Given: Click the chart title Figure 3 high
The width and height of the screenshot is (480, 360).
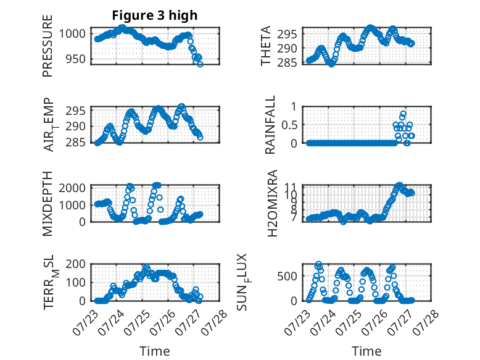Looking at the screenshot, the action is pos(155,15).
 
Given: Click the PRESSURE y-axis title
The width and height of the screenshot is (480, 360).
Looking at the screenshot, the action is pos(48,46).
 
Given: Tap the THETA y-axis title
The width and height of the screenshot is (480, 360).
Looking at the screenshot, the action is pos(266,46).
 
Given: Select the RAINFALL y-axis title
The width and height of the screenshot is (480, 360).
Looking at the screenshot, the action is pos(270,125).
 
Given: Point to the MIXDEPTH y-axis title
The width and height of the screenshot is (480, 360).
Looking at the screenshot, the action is pos(48,203).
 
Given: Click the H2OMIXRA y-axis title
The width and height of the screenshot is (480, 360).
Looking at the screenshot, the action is pos(272,203).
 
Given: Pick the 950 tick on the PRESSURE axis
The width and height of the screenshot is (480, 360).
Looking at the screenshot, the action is pos(76,59).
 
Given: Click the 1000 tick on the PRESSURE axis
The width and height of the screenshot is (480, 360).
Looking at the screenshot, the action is pos(72,33).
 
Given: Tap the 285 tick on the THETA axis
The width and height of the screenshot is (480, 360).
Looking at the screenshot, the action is pos(287,62).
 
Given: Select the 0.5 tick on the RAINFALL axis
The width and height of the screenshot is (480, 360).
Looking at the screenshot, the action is pos(289,125).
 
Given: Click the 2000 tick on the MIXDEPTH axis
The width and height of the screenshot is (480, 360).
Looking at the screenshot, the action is pos(72,188).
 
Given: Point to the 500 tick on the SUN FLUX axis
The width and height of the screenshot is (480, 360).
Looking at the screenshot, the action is pos(287,276).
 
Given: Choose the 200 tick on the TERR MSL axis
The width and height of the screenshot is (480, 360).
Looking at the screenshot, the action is pos(76,264).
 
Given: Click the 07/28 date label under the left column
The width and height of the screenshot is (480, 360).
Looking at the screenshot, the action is pos(215,322).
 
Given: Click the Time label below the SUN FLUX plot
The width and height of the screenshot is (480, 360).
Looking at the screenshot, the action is pos(366,351).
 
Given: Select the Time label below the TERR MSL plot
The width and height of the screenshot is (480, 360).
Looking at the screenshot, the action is pos(155,351).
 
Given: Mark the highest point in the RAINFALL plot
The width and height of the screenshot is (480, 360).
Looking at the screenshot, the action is pos(403,114).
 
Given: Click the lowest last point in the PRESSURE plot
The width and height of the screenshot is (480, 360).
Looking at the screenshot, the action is pos(200,64).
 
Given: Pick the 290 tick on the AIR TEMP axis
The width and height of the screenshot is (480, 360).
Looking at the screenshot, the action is pos(76,126).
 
